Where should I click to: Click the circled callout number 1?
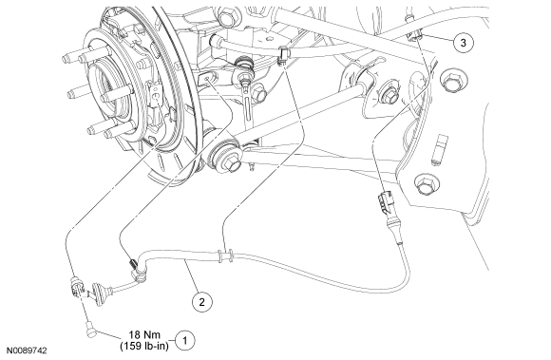[184, 340]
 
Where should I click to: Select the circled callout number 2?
[202, 302]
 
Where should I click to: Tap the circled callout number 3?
[464, 43]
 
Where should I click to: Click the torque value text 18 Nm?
[144, 334]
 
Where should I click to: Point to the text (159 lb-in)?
[144, 346]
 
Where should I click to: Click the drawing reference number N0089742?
[27, 351]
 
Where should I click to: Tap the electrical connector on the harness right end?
[385, 203]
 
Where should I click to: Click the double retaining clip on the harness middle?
[225, 256]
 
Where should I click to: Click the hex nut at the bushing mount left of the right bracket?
[389, 93]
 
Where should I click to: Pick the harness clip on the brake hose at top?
[284, 55]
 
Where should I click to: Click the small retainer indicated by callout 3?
[414, 35]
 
